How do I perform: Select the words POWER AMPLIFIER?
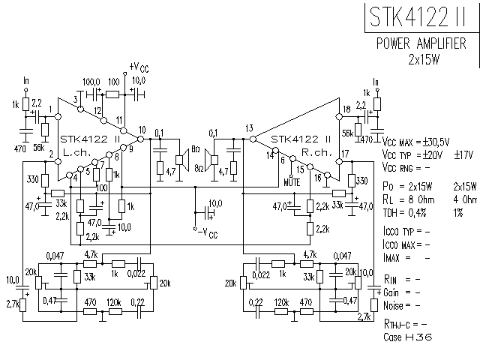coord(425,43)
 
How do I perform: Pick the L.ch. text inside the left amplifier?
coord(76,152)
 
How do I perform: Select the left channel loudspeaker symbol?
coord(181,158)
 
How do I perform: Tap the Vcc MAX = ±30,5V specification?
coord(415,142)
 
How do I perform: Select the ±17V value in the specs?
coord(465,154)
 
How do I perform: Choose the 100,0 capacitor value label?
coord(91,81)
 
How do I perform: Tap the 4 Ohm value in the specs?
coord(465,199)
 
